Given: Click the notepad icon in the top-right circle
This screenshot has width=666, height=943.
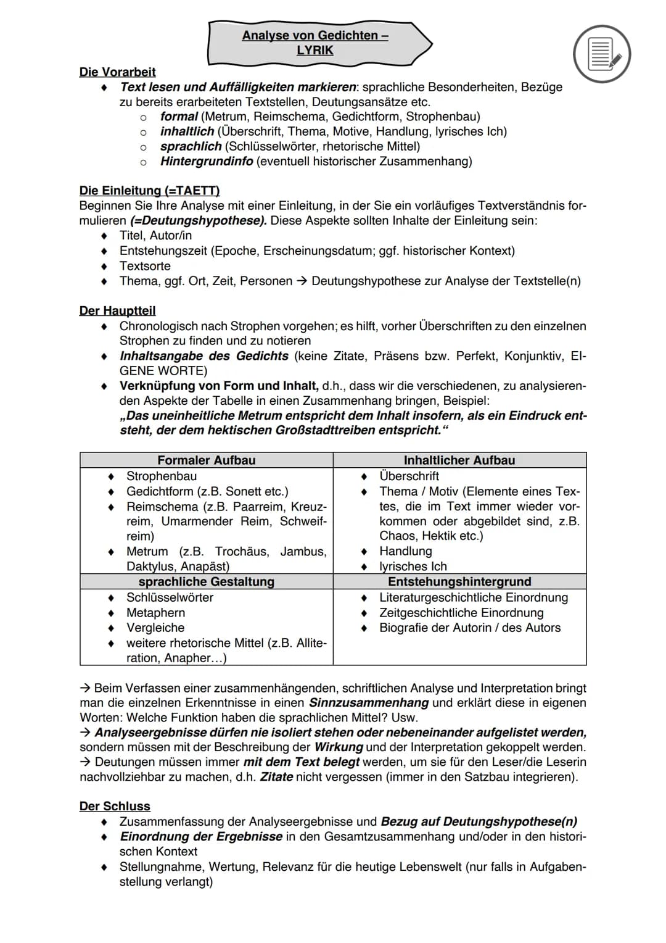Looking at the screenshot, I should [602, 54].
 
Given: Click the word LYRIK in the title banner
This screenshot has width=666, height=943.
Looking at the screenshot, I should [314, 51].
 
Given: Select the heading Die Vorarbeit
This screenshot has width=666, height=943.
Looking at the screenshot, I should [117, 72].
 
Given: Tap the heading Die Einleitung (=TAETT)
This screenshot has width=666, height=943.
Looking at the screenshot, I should [149, 191].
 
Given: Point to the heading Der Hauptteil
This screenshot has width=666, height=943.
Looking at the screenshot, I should [117, 311].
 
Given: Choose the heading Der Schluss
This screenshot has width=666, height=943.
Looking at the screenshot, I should [115, 807].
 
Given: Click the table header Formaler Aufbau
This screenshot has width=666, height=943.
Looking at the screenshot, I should [206, 460].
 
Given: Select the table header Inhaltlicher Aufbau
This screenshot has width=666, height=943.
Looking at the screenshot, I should [459, 460].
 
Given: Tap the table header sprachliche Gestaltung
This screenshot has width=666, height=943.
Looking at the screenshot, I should [206, 582].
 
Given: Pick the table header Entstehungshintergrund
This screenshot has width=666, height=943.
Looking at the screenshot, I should [459, 582].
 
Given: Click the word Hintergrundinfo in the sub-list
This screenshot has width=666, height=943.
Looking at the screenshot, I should [207, 162].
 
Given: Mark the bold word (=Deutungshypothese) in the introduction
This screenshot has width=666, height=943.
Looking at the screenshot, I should [199, 221].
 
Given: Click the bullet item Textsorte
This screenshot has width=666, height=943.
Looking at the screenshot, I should [145, 266].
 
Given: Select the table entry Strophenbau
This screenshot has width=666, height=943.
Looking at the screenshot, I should [162, 476].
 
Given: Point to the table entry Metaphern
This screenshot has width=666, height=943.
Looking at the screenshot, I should [155, 613].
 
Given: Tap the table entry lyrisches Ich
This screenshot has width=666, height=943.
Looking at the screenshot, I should [413, 567].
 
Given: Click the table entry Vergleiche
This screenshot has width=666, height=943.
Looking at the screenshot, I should [155, 628].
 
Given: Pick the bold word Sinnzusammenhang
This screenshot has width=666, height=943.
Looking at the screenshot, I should [368, 703].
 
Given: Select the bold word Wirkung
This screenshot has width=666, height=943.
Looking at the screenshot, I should [339, 747].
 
